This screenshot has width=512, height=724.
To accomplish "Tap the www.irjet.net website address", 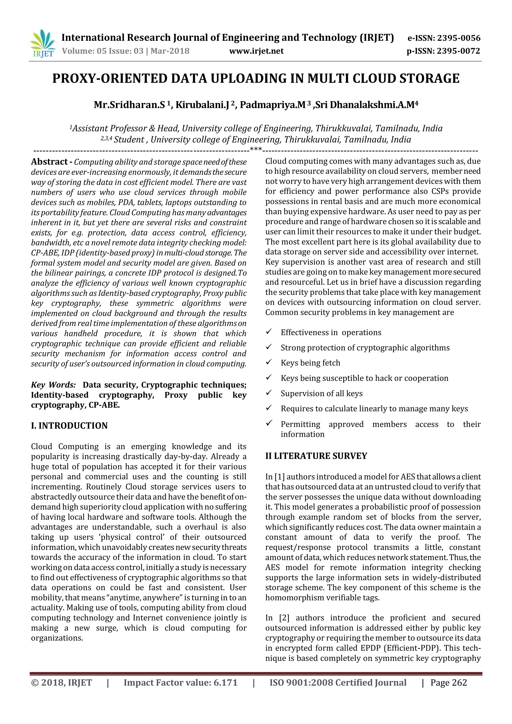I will point(256,51).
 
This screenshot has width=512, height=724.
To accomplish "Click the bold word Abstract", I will point(49,162).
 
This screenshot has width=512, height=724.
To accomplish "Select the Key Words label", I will point(53,385).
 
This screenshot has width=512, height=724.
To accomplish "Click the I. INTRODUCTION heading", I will point(69,426).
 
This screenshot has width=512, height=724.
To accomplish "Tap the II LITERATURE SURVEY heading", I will point(316,456).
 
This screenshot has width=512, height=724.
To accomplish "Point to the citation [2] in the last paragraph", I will point(284,618).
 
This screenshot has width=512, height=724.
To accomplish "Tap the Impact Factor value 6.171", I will point(225,683).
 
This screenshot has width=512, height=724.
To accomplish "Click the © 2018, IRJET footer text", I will point(62,683).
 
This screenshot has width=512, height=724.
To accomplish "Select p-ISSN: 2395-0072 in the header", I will point(443,51).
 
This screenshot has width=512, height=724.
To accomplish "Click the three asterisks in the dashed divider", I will point(256,149).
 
